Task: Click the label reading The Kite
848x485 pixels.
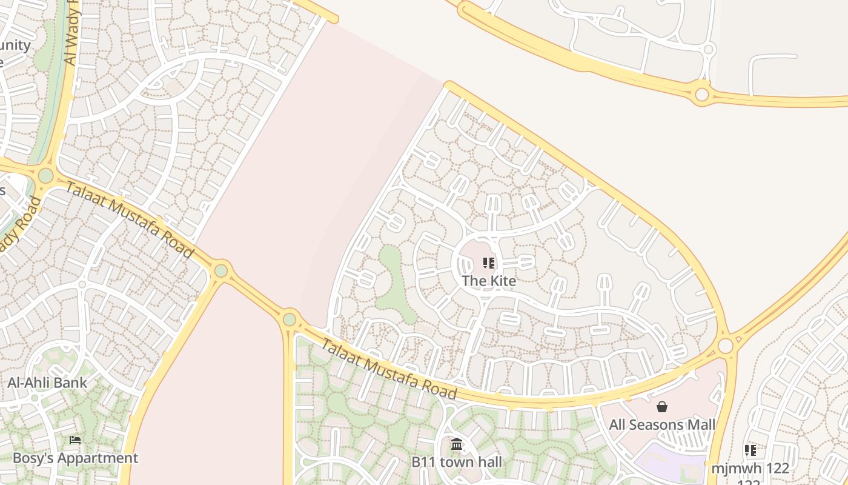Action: (489, 281)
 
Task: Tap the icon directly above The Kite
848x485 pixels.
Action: (489, 263)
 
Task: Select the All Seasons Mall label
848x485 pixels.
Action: (662, 424)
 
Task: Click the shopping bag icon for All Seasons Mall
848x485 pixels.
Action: (662, 407)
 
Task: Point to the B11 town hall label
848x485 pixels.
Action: (456, 462)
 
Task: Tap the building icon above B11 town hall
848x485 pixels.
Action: (457, 445)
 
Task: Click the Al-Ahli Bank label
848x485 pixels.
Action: (47, 383)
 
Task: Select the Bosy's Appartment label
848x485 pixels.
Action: (75, 458)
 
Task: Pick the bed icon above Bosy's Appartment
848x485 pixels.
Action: (75, 440)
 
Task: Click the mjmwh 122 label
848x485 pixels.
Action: (750, 468)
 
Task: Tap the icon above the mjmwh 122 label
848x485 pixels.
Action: (750, 450)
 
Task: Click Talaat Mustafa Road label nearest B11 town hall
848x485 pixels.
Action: (388, 369)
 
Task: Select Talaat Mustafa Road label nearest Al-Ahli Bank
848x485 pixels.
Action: (130, 219)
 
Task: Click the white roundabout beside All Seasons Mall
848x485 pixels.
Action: (725, 346)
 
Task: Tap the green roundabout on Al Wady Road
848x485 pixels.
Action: (45, 176)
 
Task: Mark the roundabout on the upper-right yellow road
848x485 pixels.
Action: (702, 95)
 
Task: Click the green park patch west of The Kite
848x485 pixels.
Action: (394, 285)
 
